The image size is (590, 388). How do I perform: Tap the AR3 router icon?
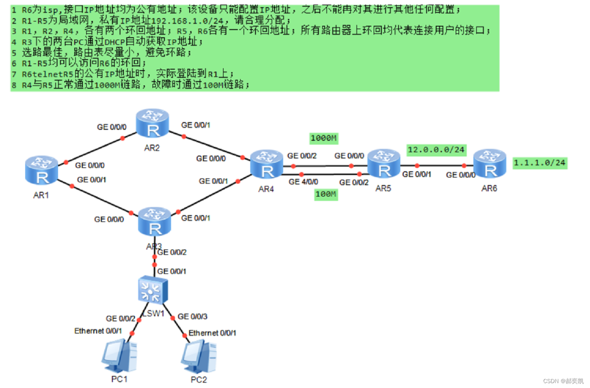pyautogui.click(x=154, y=222)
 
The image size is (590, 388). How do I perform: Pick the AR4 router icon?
pyautogui.click(x=266, y=165)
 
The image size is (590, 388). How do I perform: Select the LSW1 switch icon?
pyautogui.click(x=152, y=290)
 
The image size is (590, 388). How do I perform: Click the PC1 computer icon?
pyautogui.click(x=119, y=356)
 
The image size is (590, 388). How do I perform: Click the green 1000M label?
pyautogui.click(x=324, y=138)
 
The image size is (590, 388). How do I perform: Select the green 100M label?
pyautogui.click(x=326, y=194)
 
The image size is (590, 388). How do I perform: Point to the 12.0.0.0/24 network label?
pyautogui.click(x=436, y=150)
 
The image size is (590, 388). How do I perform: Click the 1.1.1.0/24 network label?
pyautogui.click(x=540, y=163)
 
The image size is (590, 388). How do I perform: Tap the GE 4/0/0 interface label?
pyautogui.click(x=303, y=182)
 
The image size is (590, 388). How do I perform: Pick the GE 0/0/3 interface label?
pyautogui.click(x=192, y=316)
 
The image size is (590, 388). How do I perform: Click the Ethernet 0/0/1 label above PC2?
pyautogui.click(x=212, y=333)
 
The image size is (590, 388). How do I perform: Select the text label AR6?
pyautogui.click(x=489, y=189)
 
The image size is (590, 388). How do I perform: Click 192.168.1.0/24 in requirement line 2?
pyautogui.click(x=187, y=20)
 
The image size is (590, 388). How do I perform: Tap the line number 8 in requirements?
pyautogui.click(x=14, y=85)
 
